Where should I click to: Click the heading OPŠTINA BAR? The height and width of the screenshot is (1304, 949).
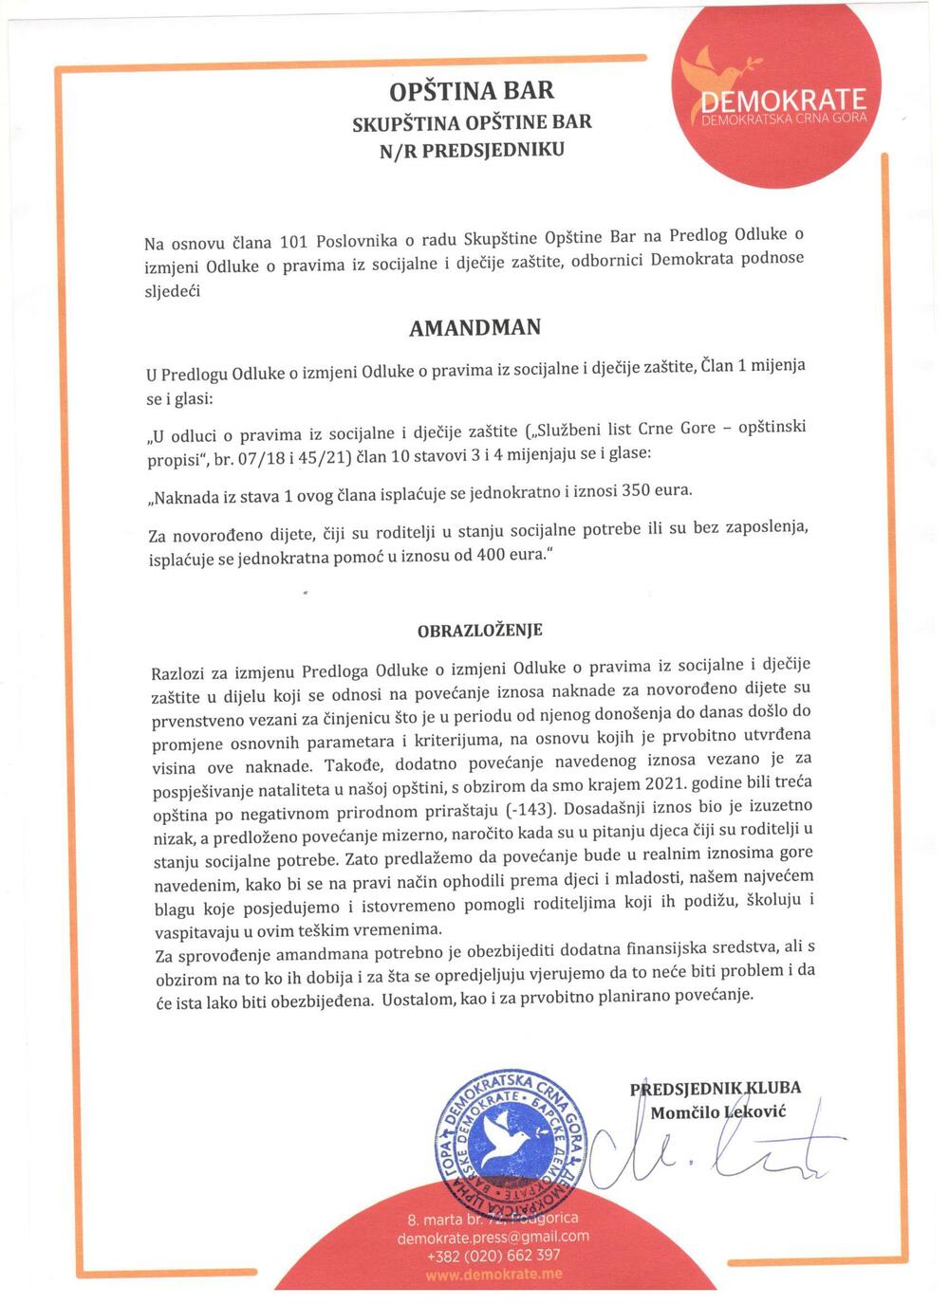(x=472, y=91)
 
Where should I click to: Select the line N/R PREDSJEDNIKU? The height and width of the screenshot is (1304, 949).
(x=472, y=150)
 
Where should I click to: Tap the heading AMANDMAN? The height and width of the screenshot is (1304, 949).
(x=474, y=328)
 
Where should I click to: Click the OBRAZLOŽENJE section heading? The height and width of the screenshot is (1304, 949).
(x=480, y=630)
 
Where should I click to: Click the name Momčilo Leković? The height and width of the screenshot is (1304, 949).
(x=717, y=1111)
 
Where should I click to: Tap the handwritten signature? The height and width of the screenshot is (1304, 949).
(x=702, y=1152)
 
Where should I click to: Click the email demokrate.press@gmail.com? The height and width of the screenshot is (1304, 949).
(x=493, y=1238)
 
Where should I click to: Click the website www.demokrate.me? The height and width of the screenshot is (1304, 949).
(x=493, y=1275)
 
